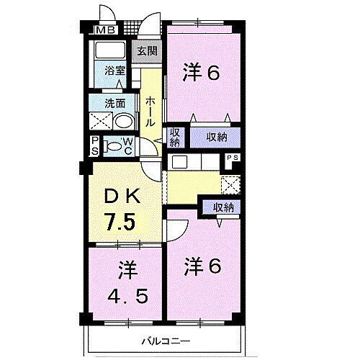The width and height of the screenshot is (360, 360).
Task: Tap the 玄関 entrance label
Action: pos(148,51)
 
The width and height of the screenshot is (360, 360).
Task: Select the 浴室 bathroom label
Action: pos(115,72)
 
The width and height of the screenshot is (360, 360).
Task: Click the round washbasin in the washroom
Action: pos(123,120)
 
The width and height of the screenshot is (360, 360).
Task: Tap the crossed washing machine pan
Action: pos(100,120)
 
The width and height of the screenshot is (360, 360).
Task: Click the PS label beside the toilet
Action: pos(94,145)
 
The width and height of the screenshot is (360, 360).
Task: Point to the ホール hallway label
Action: pos(150,112)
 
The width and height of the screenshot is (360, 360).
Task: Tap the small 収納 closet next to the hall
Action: pos(175,136)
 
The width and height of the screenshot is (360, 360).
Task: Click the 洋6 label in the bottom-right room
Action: pos(202,266)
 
